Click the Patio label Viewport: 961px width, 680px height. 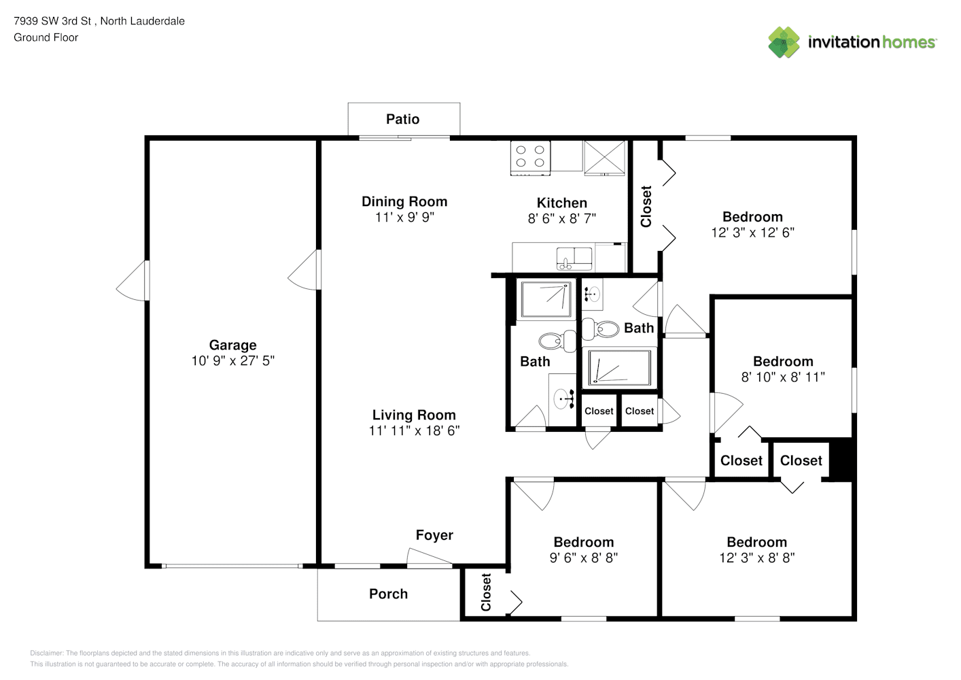click(x=402, y=119)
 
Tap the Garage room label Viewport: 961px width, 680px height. click(x=232, y=345)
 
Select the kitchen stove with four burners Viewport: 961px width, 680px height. click(x=530, y=158)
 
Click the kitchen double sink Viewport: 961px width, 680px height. click(x=574, y=258)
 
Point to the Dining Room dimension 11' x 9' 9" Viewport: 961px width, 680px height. click(x=404, y=217)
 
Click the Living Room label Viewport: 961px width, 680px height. click(x=414, y=415)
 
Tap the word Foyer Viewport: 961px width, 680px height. click(x=434, y=535)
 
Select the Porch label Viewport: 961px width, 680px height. click(x=388, y=594)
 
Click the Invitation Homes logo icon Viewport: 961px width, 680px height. click(x=784, y=42)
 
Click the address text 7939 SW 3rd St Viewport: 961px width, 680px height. click(x=52, y=21)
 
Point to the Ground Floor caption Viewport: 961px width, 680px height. click(x=46, y=37)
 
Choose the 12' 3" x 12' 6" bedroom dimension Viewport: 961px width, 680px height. click(x=752, y=233)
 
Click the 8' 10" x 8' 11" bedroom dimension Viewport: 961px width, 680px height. click(x=783, y=377)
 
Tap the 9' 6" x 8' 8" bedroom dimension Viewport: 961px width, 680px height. click(x=583, y=558)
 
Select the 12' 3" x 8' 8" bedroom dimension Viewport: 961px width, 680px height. click(x=757, y=558)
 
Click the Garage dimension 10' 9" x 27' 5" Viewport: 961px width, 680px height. click(x=232, y=360)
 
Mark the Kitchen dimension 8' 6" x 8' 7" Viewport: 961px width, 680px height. click(x=561, y=218)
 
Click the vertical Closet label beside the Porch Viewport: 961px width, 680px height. click(x=486, y=592)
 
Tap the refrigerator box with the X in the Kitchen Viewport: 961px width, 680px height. click(x=604, y=158)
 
